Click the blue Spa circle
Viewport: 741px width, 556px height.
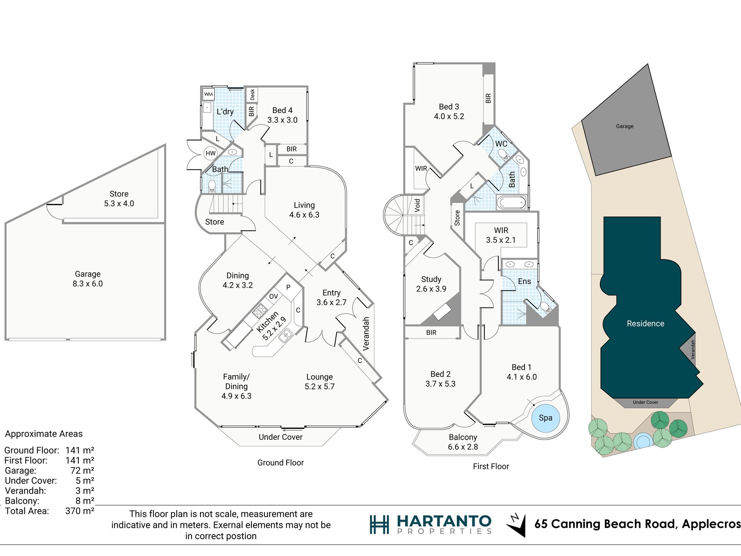[545, 418]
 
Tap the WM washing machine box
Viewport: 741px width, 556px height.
[209, 94]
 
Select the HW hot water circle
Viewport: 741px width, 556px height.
[211, 153]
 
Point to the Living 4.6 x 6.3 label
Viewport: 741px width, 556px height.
[304, 210]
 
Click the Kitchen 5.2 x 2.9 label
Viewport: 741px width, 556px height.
[271, 326]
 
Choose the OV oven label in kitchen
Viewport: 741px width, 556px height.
[274, 297]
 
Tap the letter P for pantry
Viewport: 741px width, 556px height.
[288, 288]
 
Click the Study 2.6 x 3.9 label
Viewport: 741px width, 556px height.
[431, 284]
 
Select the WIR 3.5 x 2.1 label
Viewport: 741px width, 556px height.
[501, 235]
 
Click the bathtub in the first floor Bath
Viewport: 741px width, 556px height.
[511, 203]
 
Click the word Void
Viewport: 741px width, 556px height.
[417, 205]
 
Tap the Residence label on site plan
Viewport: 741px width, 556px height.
[645, 323]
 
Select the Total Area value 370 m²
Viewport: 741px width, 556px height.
[80, 511]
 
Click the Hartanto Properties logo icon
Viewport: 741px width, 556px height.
[379, 524]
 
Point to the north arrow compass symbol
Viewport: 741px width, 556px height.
[516, 525]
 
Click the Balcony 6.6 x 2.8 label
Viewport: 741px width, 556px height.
[463, 442]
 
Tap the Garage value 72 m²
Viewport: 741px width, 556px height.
[82, 471]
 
